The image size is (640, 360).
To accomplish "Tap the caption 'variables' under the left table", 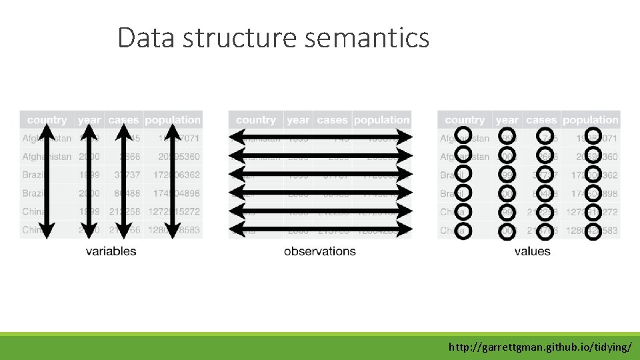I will coord(111,251).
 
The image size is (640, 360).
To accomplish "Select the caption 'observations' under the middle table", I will coord(320,251).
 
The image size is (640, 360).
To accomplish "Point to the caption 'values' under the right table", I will coord(533,251).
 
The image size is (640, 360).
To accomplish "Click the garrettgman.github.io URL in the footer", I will coord(540,347).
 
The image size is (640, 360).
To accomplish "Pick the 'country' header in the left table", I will coord(47,121).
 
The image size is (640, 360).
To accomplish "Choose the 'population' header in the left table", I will coord(173,121).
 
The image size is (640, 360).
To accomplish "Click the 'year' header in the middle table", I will coord(297,121).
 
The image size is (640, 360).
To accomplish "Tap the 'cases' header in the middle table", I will coord(332,121).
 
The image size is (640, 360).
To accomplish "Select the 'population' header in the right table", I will coord(591,121).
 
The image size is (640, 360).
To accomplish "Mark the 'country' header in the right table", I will coord(465,121).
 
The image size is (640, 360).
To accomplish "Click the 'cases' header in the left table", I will coord(123,121).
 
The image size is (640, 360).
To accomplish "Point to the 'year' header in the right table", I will coord(507,121).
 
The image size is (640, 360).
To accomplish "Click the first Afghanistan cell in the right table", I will coord(465,139).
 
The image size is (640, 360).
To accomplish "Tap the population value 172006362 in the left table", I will coord(173,175).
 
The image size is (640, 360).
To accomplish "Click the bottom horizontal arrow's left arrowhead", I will coord(234,230).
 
